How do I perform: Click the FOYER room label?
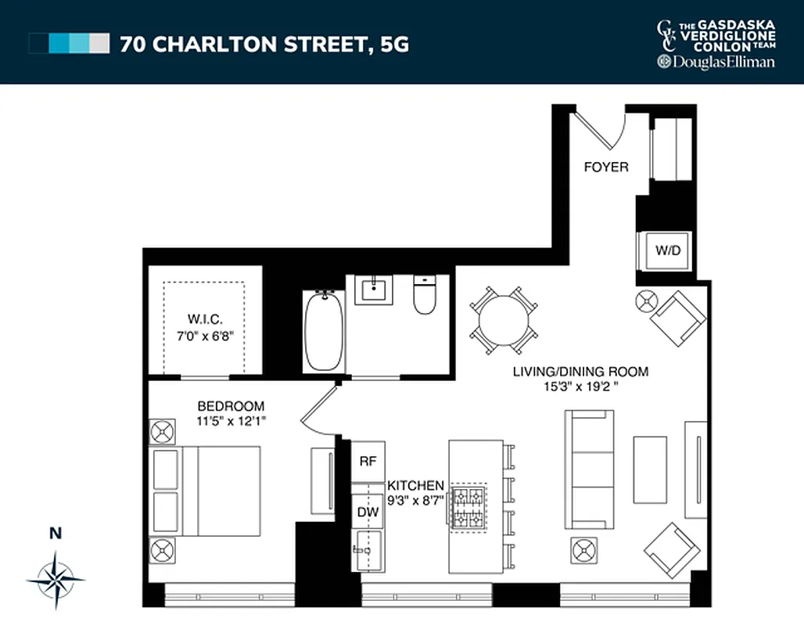[x=605, y=167]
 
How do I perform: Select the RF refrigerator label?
[x=368, y=461]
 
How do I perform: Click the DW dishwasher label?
[x=368, y=512]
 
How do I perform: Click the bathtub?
[x=322, y=330]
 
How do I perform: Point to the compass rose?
[x=55, y=580]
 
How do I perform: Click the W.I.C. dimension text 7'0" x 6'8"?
[x=205, y=335]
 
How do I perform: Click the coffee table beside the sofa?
[x=649, y=469]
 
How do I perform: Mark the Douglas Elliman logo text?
[x=716, y=62]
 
